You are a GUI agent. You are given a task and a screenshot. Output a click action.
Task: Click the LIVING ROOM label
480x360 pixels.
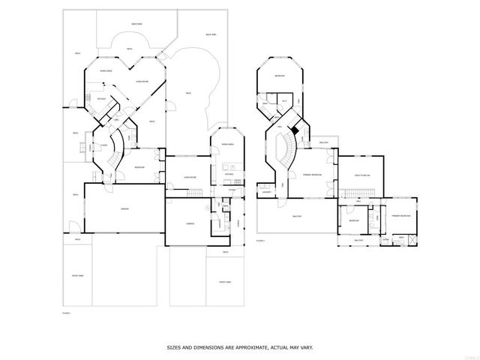(140, 81)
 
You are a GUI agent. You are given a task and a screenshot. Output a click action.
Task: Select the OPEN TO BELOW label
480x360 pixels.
(363, 175)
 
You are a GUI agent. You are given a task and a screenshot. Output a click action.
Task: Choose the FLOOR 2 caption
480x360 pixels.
(260, 241)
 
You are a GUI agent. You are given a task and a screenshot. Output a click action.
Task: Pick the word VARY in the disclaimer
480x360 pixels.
(305, 348)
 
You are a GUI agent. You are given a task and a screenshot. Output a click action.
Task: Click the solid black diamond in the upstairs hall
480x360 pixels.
(295, 129)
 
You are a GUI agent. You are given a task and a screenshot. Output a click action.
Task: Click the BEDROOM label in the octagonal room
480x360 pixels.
(279, 76)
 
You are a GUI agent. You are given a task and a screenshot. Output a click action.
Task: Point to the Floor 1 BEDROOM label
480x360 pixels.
(139, 166)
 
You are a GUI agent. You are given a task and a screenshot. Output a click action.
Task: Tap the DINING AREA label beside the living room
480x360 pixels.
(106, 70)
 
